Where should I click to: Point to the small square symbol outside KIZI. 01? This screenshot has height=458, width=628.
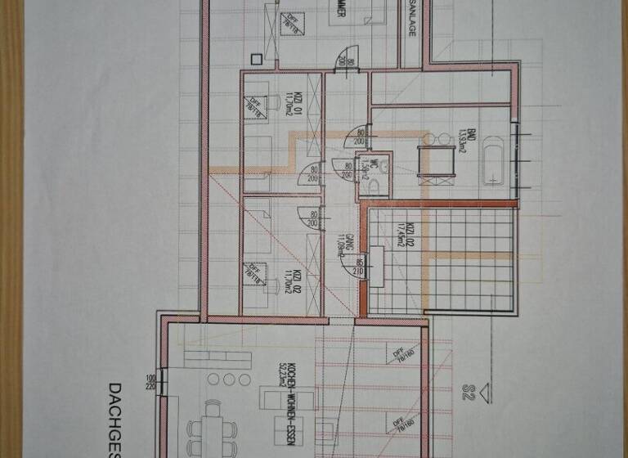pos(257,59)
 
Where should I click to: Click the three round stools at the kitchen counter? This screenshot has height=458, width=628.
pos(229,379)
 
